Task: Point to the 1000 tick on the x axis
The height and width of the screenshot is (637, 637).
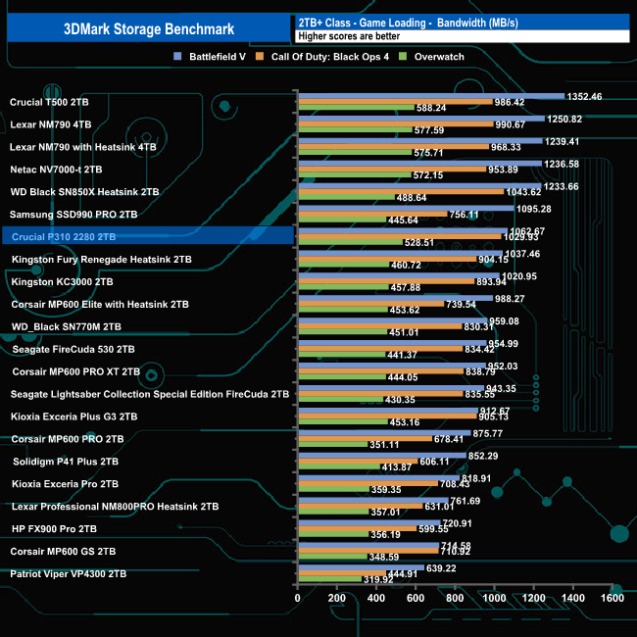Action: pos(494,597)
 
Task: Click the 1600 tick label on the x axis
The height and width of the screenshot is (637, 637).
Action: pos(612,597)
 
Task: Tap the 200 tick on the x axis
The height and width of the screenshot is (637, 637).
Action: pos(336,597)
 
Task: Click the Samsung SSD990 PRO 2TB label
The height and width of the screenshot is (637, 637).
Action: pos(73,214)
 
